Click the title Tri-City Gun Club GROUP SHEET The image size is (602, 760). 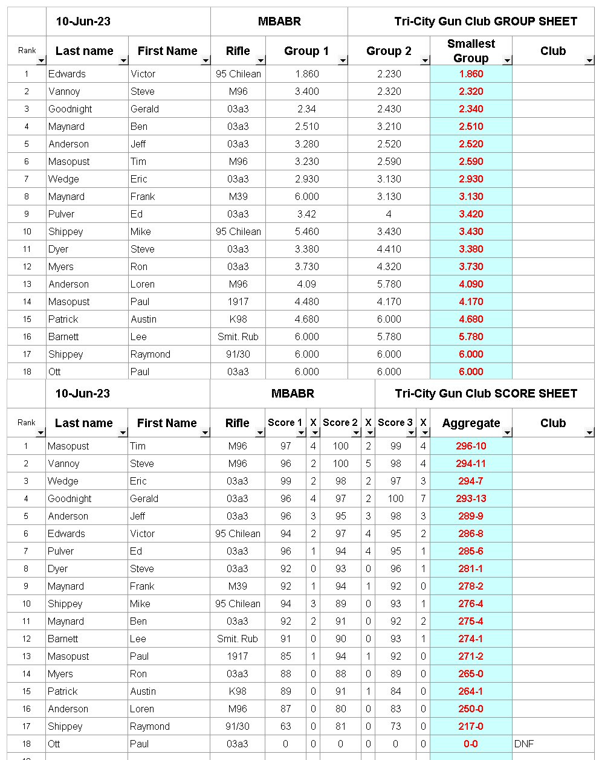point(485,22)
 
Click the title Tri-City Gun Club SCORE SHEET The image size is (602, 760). point(486,394)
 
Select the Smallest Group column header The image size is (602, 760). point(471,51)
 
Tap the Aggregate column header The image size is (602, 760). point(471,423)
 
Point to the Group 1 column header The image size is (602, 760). point(306,51)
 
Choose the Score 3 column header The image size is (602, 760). point(395,423)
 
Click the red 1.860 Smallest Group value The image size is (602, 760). point(471,74)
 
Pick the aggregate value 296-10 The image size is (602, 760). point(471,446)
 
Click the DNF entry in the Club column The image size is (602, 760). point(524,744)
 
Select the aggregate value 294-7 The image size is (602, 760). point(471,481)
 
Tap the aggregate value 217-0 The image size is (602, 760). point(471,727)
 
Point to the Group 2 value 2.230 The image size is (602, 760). point(389,74)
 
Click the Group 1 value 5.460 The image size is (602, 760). point(306,232)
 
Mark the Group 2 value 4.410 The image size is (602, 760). point(389,250)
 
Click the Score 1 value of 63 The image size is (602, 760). point(285,727)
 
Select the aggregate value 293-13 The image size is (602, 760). point(471,499)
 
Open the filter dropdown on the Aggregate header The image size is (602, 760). point(507,433)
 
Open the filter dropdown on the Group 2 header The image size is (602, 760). point(424,60)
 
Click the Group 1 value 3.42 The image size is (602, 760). point(306,214)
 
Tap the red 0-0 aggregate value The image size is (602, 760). point(471,744)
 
